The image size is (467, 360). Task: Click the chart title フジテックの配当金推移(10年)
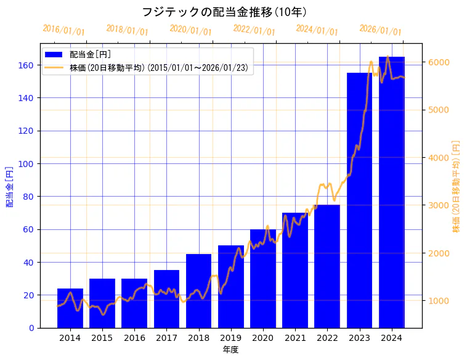coord(224,12)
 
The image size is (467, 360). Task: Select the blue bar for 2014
coord(70,308)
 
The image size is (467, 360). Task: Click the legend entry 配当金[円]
coord(90,55)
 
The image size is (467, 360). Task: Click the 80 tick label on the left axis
coord(28,197)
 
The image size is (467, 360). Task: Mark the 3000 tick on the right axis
coord(437,205)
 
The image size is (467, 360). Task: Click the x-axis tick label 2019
coord(230,338)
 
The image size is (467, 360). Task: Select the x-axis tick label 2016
coord(134,338)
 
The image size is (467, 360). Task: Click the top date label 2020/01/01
coord(190,30)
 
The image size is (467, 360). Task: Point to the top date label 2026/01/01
coord(380,30)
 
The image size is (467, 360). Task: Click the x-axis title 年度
coord(230,350)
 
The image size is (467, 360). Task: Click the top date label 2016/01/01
coord(63,30)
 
